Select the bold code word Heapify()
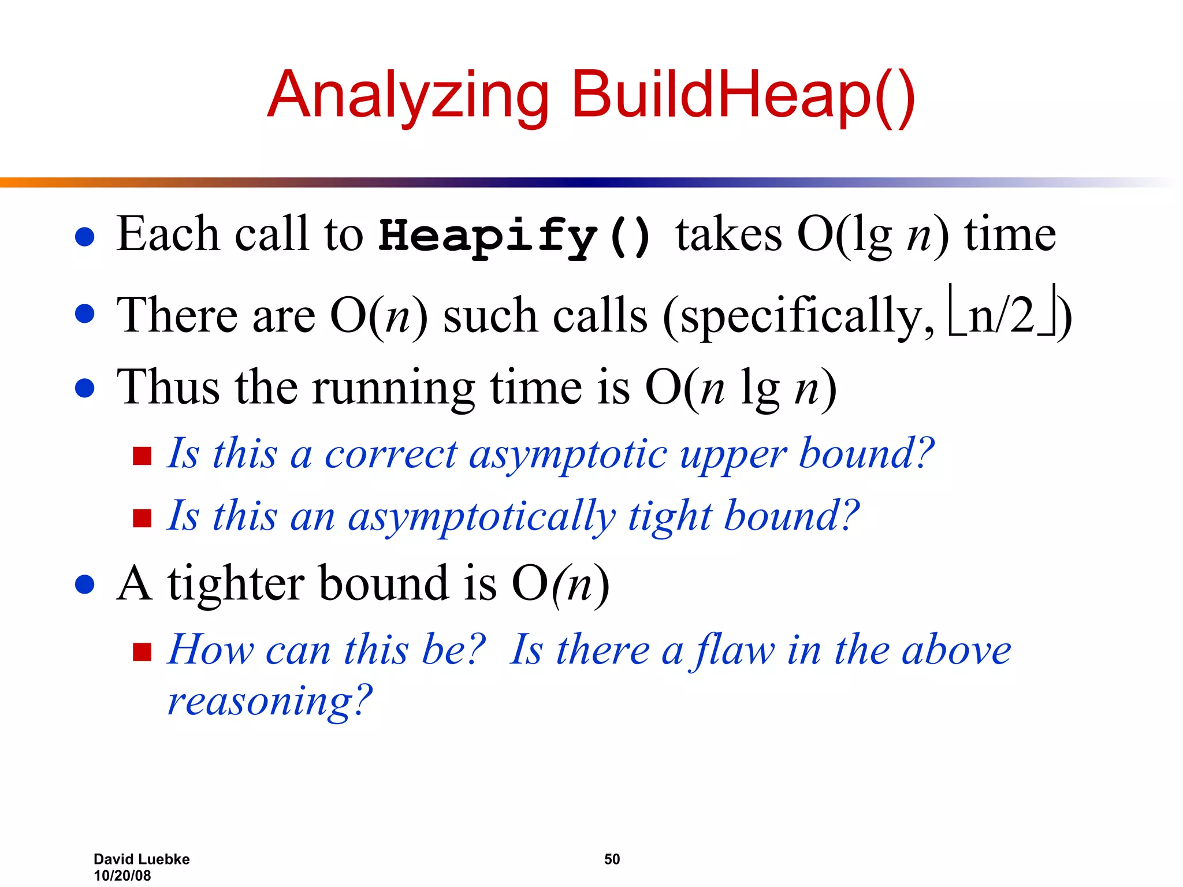click(x=515, y=236)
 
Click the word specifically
click(x=806, y=316)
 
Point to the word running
click(x=393, y=388)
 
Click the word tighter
click(x=236, y=583)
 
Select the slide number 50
click(x=612, y=859)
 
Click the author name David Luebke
click(x=142, y=859)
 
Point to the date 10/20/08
click(x=122, y=875)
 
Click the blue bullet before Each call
click(x=85, y=237)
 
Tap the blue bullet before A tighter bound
click(x=85, y=584)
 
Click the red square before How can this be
click(x=142, y=652)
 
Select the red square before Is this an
click(x=142, y=518)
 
